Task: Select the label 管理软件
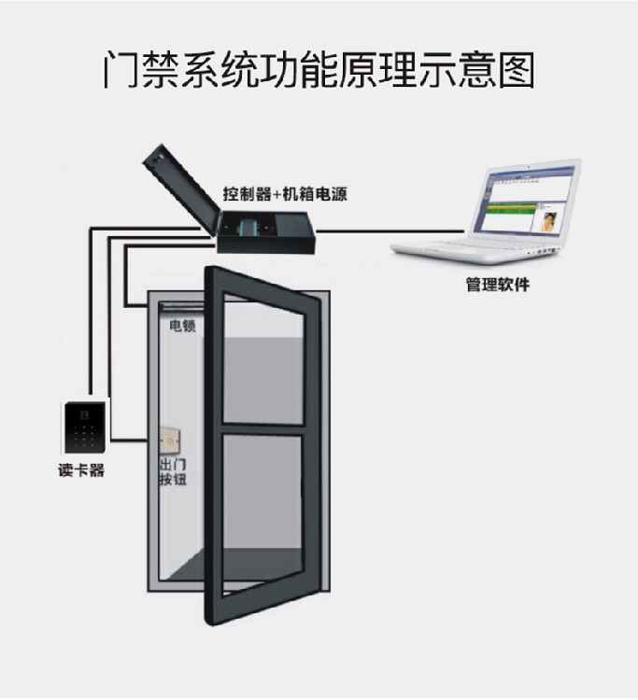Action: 497,284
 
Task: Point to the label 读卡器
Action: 81,470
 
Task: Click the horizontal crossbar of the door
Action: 262,428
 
